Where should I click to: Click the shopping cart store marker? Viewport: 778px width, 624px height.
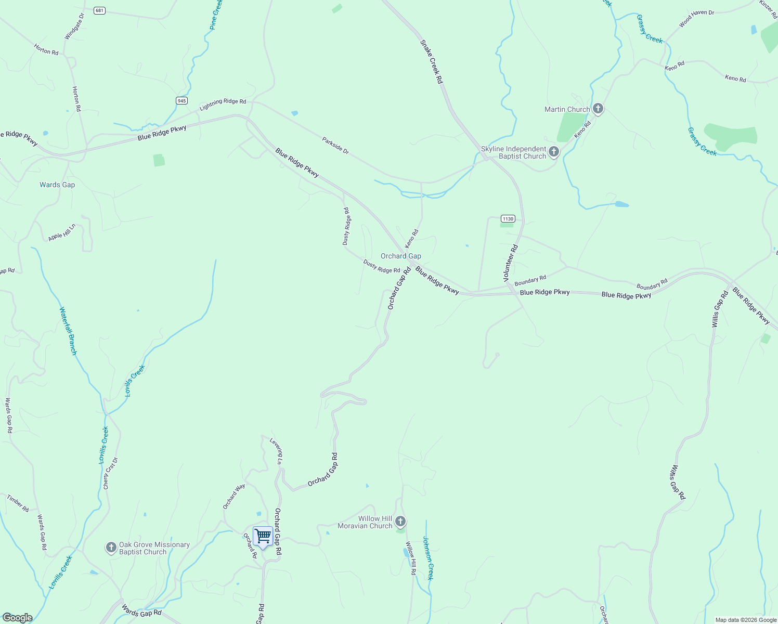click(x=263, y=536)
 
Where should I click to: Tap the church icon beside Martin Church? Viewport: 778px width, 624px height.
click(x=598, y=109)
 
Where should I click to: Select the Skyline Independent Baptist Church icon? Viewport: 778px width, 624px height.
click(x=554, y=152)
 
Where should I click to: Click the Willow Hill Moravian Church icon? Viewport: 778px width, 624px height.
click(x=400, y=521)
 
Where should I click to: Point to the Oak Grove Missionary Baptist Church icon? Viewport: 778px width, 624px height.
click(x=111, y=547)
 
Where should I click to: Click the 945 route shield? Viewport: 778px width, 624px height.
click(x=181, y=100)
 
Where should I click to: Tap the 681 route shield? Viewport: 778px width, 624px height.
click(x=99, y=10)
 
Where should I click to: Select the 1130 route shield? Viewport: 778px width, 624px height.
click(x=508, y=218)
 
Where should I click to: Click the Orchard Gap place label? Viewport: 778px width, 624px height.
click(x=400, y=256)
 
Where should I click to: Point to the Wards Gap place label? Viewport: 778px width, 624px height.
click(x=57, y=185)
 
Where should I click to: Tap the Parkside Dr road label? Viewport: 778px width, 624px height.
click(x=335, y=145)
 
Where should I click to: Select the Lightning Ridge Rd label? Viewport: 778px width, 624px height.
click(x=223, y=105)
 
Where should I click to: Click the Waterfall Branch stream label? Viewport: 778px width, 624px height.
click(x=68, y=331)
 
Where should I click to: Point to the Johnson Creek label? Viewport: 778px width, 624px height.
click(x=427, y=558)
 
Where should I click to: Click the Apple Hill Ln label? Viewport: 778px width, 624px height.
click(x=62, y=232)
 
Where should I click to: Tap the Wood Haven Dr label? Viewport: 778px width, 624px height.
click(x=696, y=19)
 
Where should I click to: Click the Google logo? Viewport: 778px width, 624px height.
click(x=18, y=618)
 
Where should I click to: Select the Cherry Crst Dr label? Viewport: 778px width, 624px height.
click(x=110, y=473)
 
